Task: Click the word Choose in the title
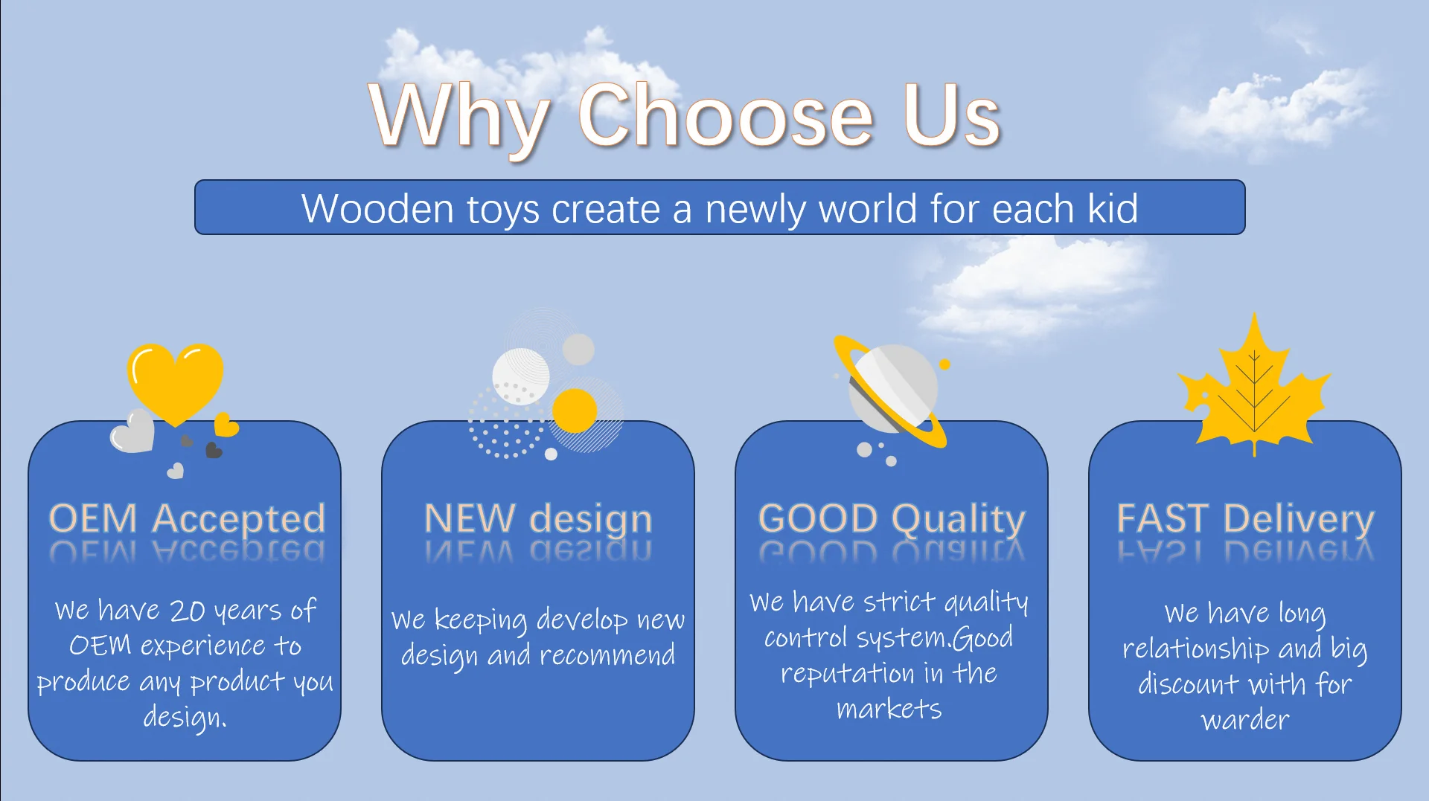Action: click(x=726, y=115)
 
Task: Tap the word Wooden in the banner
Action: click(x=377, y=208)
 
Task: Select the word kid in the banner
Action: click(x=1113, y=208)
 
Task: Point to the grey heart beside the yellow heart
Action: click(x=132, y=431)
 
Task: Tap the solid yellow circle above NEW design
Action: click(x=575, y=411)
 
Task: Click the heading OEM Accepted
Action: click(x=187, y=518)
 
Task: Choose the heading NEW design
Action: click(x=538, y=518)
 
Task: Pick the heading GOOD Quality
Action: click(x=892, y=518)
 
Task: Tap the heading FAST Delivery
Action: click(x=1245, y=518)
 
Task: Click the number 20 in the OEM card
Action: click(x=188, y=611)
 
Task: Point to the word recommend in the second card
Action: click(x=607, y=655)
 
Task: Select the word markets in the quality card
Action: click(x=889, y=709)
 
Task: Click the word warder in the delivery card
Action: click(x=1245, y=720)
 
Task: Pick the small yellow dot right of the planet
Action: click(x=944, y=364)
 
